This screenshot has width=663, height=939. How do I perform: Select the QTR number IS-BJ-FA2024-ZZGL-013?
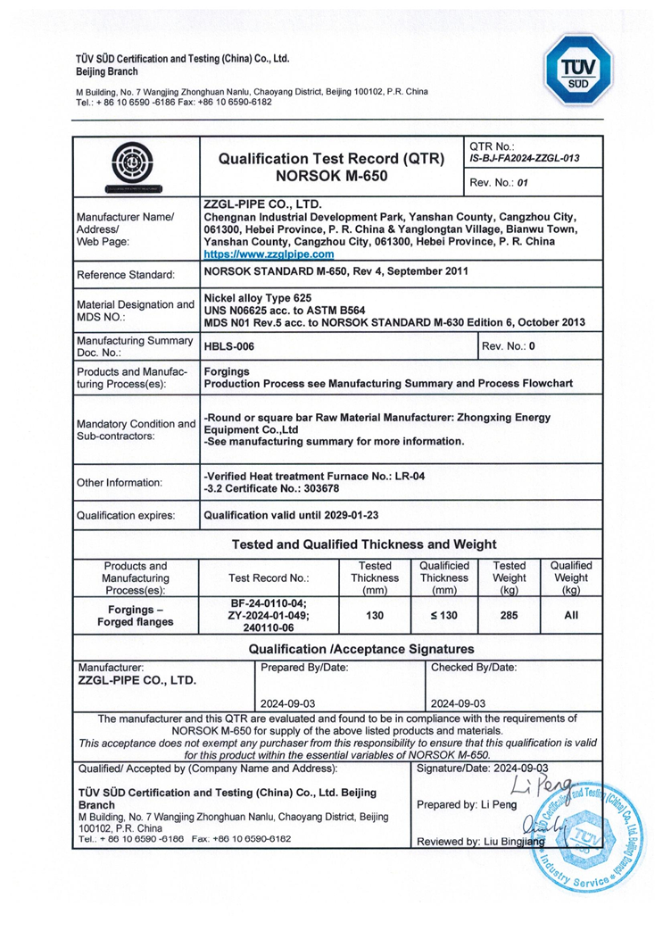coord(524,159)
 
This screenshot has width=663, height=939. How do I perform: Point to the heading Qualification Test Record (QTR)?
coord(332,159)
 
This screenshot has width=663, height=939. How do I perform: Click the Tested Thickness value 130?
coord(374,615)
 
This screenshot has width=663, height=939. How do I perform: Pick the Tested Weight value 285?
coord(510,615)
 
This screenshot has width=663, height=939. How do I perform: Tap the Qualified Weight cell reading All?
coord(571,615)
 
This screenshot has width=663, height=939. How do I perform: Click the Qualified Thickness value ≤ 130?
coord(443,615)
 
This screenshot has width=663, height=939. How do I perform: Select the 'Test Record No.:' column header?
coord(269,578)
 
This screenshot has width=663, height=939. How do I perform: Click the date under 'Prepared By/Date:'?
coord(283,702)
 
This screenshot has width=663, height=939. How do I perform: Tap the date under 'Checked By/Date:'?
coord(458,702)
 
